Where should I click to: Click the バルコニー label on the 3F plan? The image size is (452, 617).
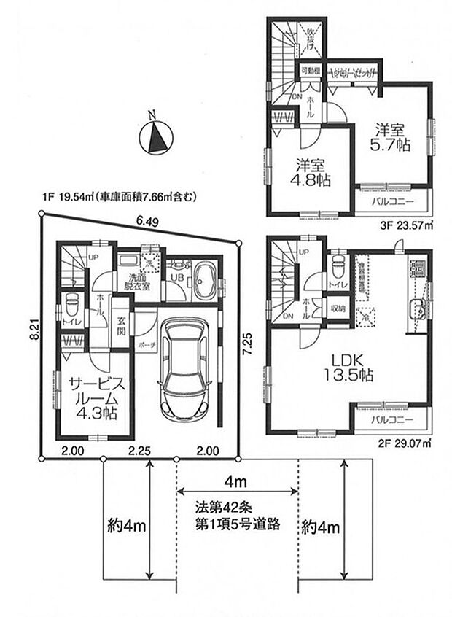[394, 201]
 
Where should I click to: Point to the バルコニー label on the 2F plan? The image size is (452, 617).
[394, 421]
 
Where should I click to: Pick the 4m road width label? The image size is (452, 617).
[237, 481]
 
